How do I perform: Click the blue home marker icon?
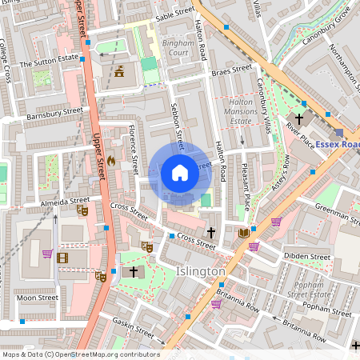(180, 172)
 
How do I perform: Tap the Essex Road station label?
(337, 145)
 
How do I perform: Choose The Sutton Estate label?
(49, 61)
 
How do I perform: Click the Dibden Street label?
(306, 257)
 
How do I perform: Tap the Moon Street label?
(37, 297)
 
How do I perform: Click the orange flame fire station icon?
(110, 161)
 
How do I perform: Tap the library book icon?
(244, 233)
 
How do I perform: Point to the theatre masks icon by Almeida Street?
(82, 210)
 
